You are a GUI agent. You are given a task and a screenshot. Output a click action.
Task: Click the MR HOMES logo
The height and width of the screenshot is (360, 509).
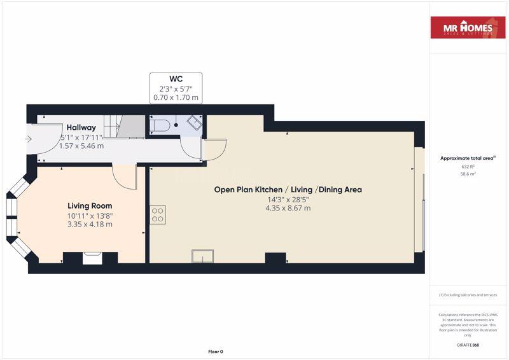(x=469, y=28)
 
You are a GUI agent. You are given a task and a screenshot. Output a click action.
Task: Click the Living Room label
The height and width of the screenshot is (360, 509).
(x=90, y=205)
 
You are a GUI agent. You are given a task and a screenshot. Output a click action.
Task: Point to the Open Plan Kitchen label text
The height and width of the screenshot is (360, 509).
(x=288, y=190)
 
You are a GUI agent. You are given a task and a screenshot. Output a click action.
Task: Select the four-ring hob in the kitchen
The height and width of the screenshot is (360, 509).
(x=158, y=216)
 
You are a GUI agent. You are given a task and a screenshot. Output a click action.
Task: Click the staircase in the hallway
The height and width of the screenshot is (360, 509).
(x=121, y=126)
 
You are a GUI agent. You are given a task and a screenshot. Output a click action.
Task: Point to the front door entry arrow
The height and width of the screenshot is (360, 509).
(x=28, y=139)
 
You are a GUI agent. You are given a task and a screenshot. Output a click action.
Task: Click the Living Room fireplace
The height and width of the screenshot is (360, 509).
(x=91, y=258)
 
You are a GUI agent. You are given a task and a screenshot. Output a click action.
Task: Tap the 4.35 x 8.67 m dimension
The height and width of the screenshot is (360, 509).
(x=288, y=208)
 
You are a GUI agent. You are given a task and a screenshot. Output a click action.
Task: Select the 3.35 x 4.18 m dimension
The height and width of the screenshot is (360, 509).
(x=90, y=224)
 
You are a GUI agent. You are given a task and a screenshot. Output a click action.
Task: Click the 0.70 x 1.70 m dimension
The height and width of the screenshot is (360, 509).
(x=176, y=98)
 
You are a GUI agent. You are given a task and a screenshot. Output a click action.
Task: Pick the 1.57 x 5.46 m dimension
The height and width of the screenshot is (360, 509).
(x=81, y=146)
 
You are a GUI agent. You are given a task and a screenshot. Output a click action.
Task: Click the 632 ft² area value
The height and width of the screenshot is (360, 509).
(x=468, y=167)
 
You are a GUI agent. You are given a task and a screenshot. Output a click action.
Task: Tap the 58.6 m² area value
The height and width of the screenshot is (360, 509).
(x=468, y=173)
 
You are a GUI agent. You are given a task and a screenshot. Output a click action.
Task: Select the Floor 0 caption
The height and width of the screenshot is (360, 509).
(x=216, y=352)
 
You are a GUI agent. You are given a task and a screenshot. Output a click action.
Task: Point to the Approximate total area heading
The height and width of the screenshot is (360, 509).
(x=468, y=158)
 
